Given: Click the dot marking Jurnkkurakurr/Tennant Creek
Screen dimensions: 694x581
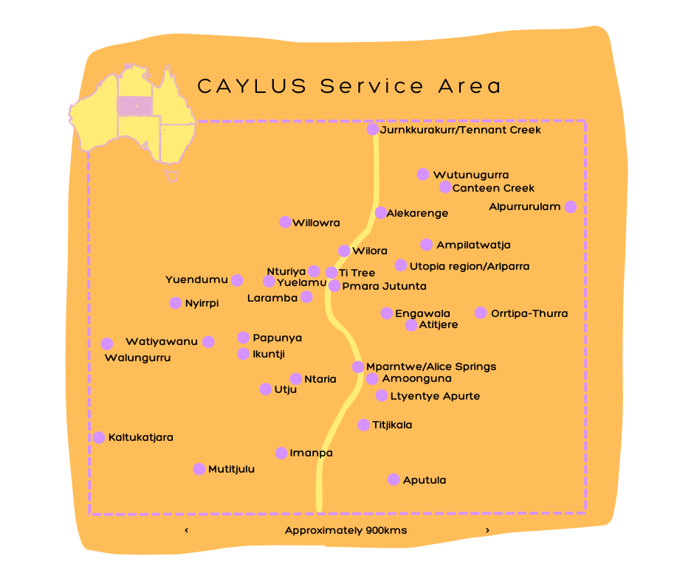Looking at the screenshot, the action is click(373, 130).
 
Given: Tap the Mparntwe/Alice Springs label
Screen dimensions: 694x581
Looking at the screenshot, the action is click(431, 366).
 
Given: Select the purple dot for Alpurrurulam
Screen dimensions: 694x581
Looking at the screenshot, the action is click(570, 207).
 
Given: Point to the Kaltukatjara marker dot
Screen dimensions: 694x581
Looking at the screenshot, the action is click(99, 437).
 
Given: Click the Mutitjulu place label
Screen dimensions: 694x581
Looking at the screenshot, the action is click(231, 469).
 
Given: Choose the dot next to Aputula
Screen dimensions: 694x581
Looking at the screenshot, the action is click(394, 479).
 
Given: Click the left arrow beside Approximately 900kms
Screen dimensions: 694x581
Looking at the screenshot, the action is click(186, 530).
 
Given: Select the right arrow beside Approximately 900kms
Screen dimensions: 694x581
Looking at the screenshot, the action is click(487, 530).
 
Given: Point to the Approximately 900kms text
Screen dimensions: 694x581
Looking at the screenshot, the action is click(346, 530).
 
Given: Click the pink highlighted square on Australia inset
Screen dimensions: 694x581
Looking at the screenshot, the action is click(135, 106).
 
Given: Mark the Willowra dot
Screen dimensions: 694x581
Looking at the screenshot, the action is click(285, 222).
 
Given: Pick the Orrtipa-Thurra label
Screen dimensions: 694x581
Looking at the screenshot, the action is click(529, 313).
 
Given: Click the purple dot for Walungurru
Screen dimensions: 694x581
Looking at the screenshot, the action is click(107, 344).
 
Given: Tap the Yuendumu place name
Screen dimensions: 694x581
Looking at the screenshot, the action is click(196, 279).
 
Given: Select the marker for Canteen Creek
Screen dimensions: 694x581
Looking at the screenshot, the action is click(445, 187).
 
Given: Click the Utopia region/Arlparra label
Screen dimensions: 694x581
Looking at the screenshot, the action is click(470, 266).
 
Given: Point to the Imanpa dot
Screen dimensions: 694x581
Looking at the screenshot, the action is click(281, 453).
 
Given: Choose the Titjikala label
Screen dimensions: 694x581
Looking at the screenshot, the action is click(392, 425).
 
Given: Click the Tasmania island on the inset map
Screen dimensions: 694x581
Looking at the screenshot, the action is click(172, 175).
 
